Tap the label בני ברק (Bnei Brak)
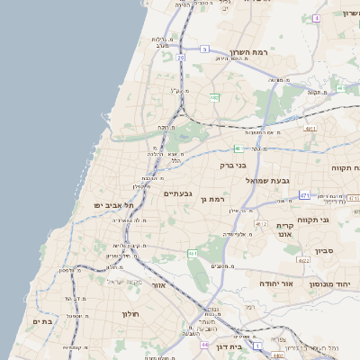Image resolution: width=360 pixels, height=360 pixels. click(233, 166)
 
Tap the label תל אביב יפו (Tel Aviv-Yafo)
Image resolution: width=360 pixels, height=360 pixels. click(106, 205)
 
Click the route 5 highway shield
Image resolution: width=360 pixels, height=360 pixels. click(205, 49)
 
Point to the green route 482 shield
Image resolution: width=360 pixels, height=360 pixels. click(214, 96)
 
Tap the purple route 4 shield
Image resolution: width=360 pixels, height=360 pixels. click(316, 18)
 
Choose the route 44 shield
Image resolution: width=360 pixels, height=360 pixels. click(205, 345)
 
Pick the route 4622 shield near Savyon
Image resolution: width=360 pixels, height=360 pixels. click(304, 261)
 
